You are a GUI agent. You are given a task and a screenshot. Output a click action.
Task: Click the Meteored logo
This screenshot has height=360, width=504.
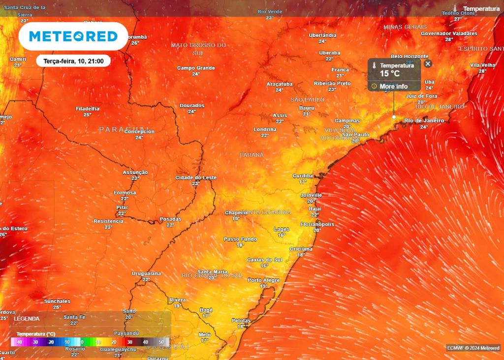click(73, 36)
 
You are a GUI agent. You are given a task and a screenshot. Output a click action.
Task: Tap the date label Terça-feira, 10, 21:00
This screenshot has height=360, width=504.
click(73, 61)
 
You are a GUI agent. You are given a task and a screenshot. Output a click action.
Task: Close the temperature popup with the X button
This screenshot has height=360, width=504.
click(428, 63)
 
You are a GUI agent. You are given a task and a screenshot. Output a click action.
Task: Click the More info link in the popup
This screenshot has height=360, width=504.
click(393, 87)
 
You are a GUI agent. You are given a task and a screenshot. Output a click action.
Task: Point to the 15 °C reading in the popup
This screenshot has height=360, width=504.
click(389, 74)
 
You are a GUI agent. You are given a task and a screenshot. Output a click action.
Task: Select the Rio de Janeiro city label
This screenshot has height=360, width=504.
click(424, 120)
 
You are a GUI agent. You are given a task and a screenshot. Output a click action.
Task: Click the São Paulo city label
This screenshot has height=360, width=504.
click(355, 134)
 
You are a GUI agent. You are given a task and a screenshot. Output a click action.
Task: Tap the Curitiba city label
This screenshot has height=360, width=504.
click(303, 176)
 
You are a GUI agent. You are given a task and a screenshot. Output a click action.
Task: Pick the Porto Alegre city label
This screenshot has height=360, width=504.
click(263, 280)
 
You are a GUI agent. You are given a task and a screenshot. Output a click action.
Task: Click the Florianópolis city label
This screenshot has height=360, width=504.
click(317, 224)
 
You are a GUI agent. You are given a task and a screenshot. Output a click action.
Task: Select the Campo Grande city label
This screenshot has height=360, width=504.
click(196, 68)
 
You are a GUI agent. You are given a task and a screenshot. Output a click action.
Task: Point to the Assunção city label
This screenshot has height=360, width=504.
click(135, 172)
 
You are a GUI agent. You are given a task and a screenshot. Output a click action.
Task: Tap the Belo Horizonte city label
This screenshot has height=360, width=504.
click(409, 57)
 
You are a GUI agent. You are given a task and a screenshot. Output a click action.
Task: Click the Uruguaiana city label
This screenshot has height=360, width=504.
click(146, 273)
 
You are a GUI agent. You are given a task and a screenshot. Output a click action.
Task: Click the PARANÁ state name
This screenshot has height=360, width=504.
click(252, 154)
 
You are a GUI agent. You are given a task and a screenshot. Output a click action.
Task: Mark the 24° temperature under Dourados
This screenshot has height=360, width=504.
click(191, 112)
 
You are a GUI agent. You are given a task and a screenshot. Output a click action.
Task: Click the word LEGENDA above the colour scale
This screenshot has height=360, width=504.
click(27, 319)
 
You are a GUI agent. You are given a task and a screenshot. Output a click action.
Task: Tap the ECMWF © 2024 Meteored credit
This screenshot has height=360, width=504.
click(473, 348)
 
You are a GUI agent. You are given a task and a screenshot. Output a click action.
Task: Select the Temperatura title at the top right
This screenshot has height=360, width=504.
click(481, 9)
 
